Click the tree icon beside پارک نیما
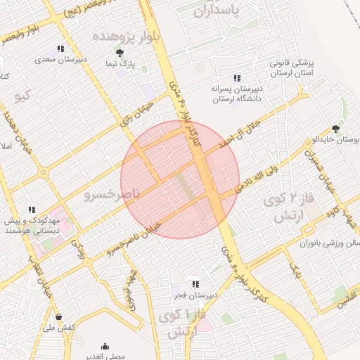click(120, 53)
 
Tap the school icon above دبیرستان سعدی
click(60, 49)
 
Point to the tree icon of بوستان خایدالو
click(335, 129)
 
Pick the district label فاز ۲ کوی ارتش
click(286, 209)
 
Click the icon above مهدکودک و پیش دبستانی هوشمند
click(32, 210)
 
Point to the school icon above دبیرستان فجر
click(195, 284)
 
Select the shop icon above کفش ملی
click(58, 316)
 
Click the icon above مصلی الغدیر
click(105, 346)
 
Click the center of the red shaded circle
click(180, 179)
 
